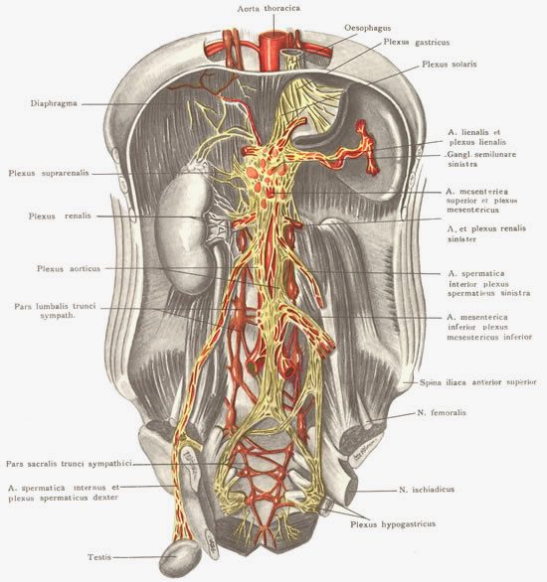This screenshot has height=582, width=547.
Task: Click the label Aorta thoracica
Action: (269, 8)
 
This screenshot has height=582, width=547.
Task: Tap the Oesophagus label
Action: (368, 28)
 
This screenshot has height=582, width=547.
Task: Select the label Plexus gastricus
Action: (416, 43)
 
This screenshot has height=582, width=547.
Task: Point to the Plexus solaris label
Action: (449, 65)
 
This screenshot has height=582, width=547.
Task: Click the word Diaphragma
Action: (54, 103)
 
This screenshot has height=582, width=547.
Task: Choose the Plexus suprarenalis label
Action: (49, 174)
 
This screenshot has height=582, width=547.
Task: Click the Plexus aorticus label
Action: (69, 268)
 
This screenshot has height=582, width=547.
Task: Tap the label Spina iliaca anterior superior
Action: (478, 382)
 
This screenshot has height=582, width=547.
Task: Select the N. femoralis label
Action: (442, 412)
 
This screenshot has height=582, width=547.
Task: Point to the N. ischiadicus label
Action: (427, 490)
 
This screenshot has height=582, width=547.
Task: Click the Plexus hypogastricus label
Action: (393, 524)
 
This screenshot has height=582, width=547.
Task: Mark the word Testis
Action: (99, 557)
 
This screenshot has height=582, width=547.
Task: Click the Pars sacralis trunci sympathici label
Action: (69, 464)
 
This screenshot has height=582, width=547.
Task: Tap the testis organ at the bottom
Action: (180, 559)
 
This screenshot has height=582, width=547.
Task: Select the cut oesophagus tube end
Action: (291, 59)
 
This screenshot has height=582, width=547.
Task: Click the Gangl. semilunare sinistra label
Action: (481, 159)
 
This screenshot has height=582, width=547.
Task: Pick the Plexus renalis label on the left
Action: (60, 217)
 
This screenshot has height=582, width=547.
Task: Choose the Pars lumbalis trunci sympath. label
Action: (55, 311)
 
